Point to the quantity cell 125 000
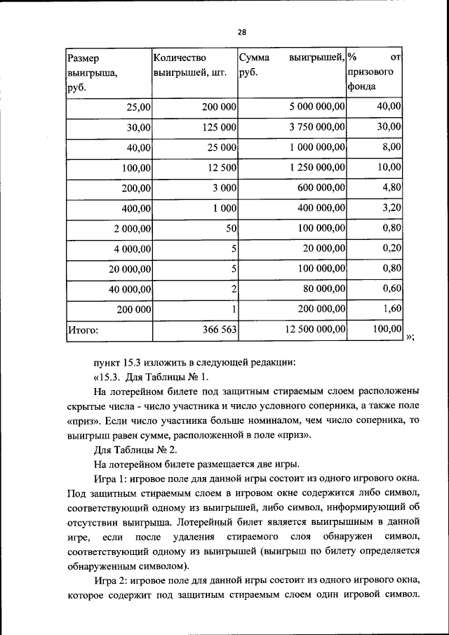coord(215,127)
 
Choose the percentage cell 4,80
coord(389,187)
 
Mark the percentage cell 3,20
coord(389,208)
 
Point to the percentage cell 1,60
coord(389,308)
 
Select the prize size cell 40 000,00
coord(127,288)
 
